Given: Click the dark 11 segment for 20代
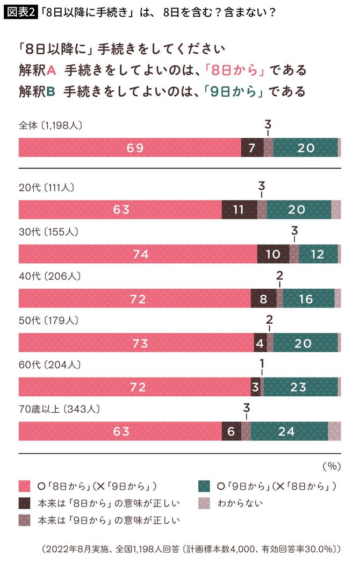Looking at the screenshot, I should pos(239,210).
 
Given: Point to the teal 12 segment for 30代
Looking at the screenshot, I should pos(318,254).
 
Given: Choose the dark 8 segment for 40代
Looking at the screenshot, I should pos(263,298).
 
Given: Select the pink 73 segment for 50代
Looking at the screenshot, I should pos(136,343).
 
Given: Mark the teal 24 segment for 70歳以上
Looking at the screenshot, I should pos(289,431).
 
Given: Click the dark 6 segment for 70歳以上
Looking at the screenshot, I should pos(232,431).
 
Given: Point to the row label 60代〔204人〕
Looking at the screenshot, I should pos(49,365).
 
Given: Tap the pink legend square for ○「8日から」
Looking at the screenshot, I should pos(23,486).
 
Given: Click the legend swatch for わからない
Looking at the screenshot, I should pos(204,503).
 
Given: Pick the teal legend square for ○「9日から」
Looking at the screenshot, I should pos(204,486).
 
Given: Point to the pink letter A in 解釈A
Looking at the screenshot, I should pos(52,70).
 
